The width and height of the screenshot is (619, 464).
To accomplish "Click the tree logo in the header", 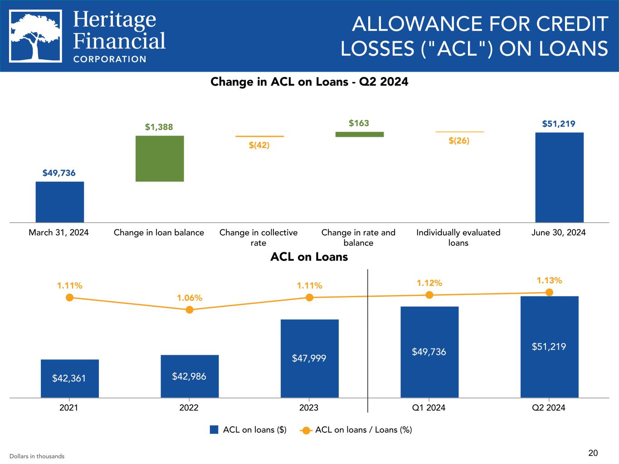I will [x=35, y=36].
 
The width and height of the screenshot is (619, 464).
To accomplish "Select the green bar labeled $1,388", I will [x=160, y=159].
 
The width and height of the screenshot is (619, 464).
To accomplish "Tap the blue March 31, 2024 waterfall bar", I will [x=60, y=202].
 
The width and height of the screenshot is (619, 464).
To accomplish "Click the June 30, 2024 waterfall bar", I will [x=559, y=177].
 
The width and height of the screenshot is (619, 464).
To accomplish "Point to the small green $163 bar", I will [x=359, y=134].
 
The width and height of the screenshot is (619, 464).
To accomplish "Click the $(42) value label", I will [x=259, y=145].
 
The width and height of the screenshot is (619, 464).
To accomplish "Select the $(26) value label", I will [x=459, y=140].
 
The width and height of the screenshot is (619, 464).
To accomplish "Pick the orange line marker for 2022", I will [x=190, y=309].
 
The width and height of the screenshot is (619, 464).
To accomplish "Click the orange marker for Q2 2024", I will [x=549, y=292].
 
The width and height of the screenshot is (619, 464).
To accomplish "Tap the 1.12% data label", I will [x=429, y=283].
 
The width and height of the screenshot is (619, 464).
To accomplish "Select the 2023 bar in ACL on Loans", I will [x=309, y=358].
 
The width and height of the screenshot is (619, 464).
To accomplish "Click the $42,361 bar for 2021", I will [x=69, y=378].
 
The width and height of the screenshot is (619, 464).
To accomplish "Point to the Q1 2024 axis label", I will [x=429, y=407].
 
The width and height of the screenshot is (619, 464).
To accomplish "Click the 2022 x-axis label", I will [x=189, y=407].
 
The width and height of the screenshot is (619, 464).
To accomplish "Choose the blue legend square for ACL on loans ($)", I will [x=214, y=430].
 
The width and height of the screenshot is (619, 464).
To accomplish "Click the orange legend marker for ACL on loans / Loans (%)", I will [x=306, y=430].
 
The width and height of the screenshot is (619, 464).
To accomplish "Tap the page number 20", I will [x=593, y=453].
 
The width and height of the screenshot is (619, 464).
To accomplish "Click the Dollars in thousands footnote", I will [x=37, y=456].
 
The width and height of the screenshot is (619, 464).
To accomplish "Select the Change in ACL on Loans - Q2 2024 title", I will [x=309, y=82].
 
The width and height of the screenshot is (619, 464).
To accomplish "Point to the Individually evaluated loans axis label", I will [x=458, y=237].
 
